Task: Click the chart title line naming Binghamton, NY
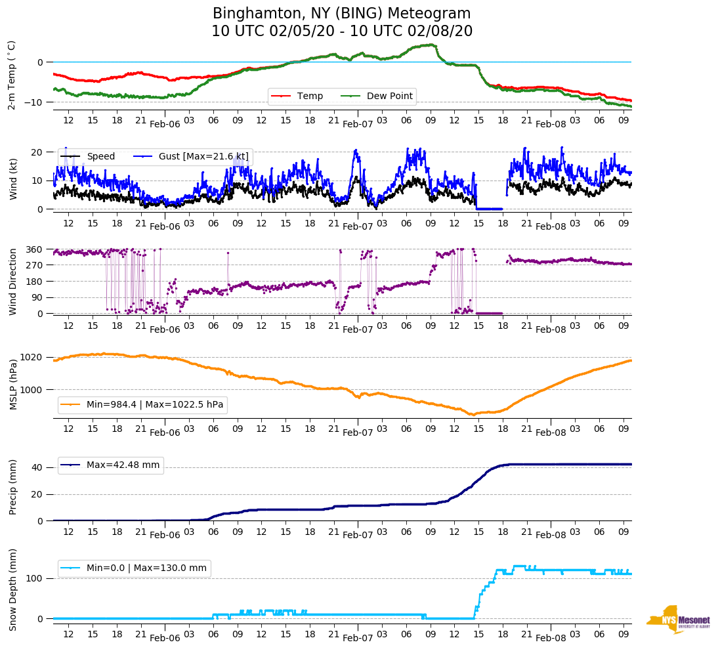point(341,14)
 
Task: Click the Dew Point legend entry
point(389,96)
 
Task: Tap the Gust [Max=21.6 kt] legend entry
point(209,157)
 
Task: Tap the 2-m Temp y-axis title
point(12,75)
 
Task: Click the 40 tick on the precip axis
point(38,468)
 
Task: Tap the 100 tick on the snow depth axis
point(35,578)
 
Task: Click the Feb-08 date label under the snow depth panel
point(551,638)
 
